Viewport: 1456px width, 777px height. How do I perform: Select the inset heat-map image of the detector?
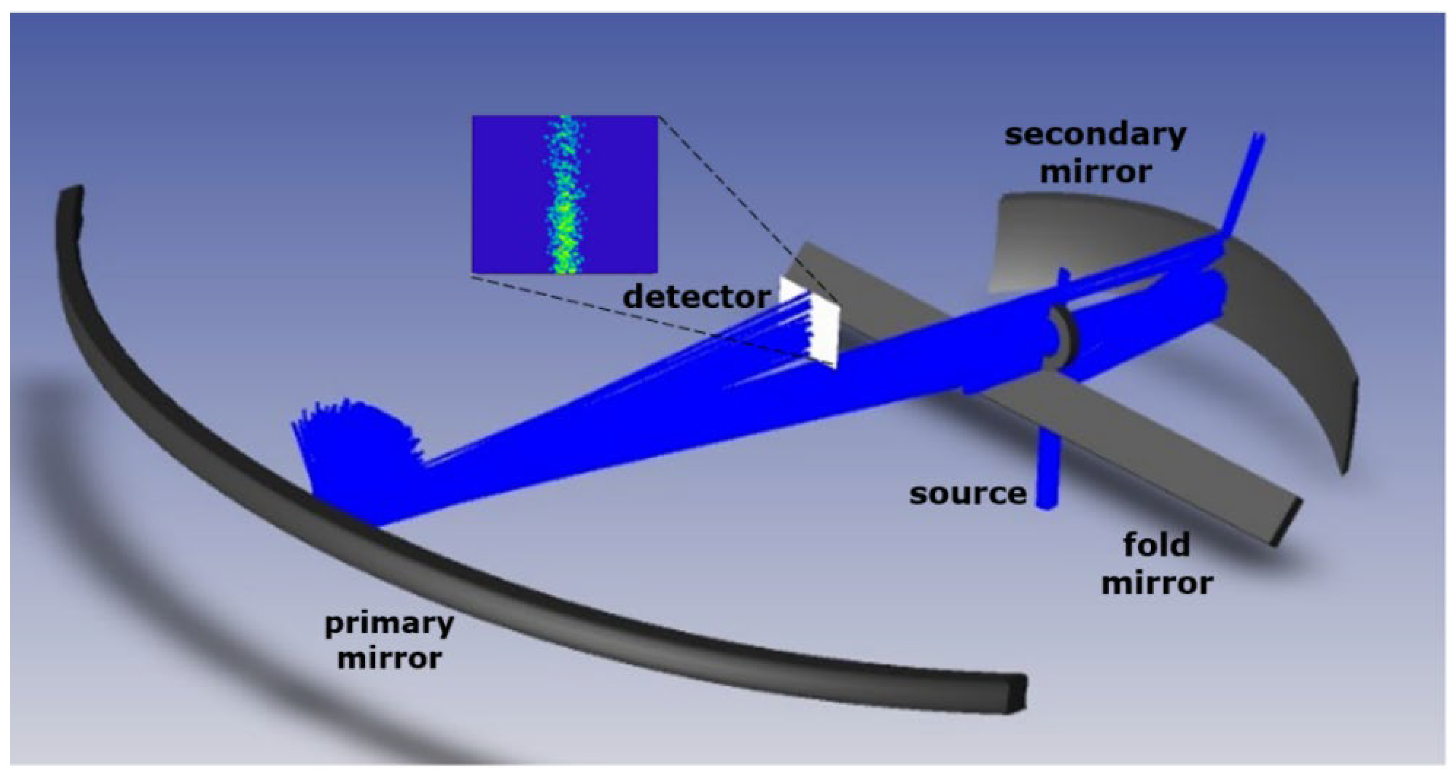565,195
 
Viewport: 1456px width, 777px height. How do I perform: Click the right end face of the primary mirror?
1015,693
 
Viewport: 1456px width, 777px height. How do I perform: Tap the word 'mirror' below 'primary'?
389,658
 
